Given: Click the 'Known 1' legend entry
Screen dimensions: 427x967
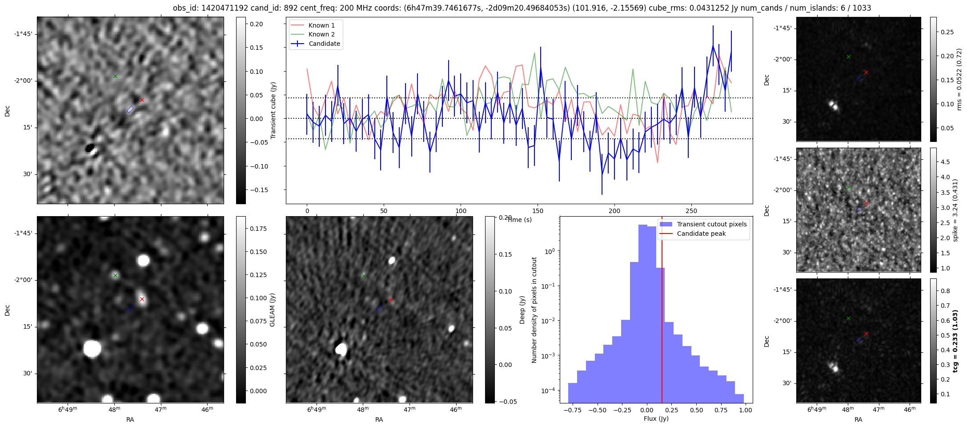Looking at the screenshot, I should [x=321, y=25].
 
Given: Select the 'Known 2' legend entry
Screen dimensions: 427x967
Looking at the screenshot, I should [x=321, y=34].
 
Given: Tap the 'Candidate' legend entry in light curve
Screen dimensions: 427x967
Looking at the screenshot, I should [x=324, y=44].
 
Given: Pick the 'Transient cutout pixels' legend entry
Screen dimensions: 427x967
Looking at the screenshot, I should [x=711, y=224].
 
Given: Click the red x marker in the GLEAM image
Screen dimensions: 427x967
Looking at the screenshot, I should [x=142, y=299].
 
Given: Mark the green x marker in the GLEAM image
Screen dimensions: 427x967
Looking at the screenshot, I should [x=115, y=276].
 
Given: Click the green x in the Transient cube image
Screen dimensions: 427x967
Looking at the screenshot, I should [x=115, y=77].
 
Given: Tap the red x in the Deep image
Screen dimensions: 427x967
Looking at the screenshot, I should [x=390, y=300].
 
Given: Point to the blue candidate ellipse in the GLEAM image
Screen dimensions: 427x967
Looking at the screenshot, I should [x=130, y=308].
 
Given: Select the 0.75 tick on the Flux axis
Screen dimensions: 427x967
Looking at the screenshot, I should [x=721, y=410].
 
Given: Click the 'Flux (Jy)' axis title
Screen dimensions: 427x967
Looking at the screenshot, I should [x=656, y=419].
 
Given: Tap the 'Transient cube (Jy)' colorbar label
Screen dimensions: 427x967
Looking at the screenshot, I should [x=273, y=110].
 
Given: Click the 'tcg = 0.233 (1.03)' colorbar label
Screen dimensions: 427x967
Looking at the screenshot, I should [x=955, y=341].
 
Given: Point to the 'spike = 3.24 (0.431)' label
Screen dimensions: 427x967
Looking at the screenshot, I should [x=955, y=210].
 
